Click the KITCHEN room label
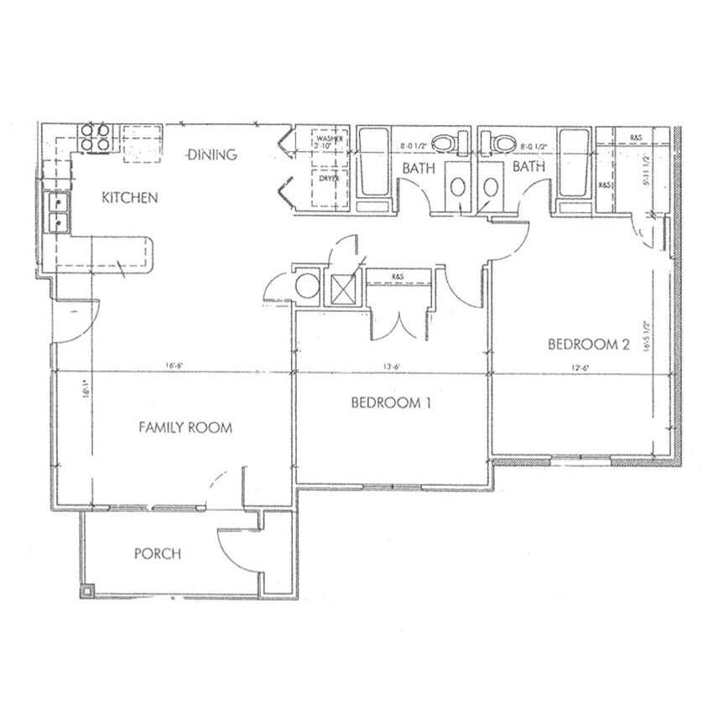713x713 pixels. click(x=129, y=199)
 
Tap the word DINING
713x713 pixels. click(x=212, y=154)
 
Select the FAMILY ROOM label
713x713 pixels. click(x=185, y=428)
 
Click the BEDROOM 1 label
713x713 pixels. click(x=390, y=403)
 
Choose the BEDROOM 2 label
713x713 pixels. click(x=588, y=344)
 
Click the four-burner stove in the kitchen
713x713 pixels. click(x=95, y=136)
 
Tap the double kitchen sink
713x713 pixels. click(x=58, y=211)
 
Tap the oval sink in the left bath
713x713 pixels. click(x=458, y=186)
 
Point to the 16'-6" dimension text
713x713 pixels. click(x=174, y=366)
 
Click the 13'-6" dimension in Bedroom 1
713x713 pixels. click(x=389, y=366)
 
